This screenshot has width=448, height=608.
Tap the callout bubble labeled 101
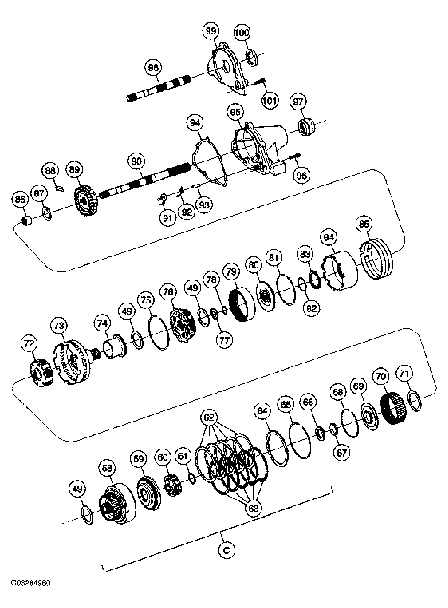point(270,101)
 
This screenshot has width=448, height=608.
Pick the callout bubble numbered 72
point(29,343)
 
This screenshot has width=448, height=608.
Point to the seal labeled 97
point(306,127)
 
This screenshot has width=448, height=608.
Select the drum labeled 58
point(116,505)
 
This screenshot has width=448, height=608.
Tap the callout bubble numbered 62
point(209,417)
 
